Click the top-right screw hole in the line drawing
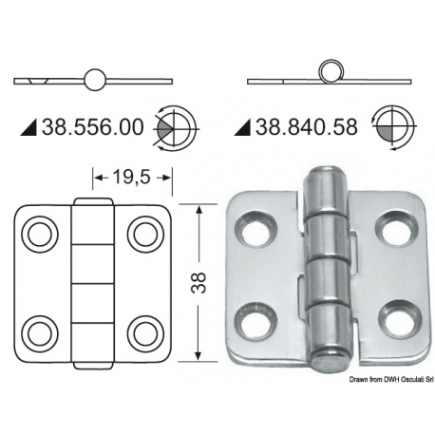[x=144, y=232]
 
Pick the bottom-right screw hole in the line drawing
[x=144, y=331]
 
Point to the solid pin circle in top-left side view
[x=95, y=80]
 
